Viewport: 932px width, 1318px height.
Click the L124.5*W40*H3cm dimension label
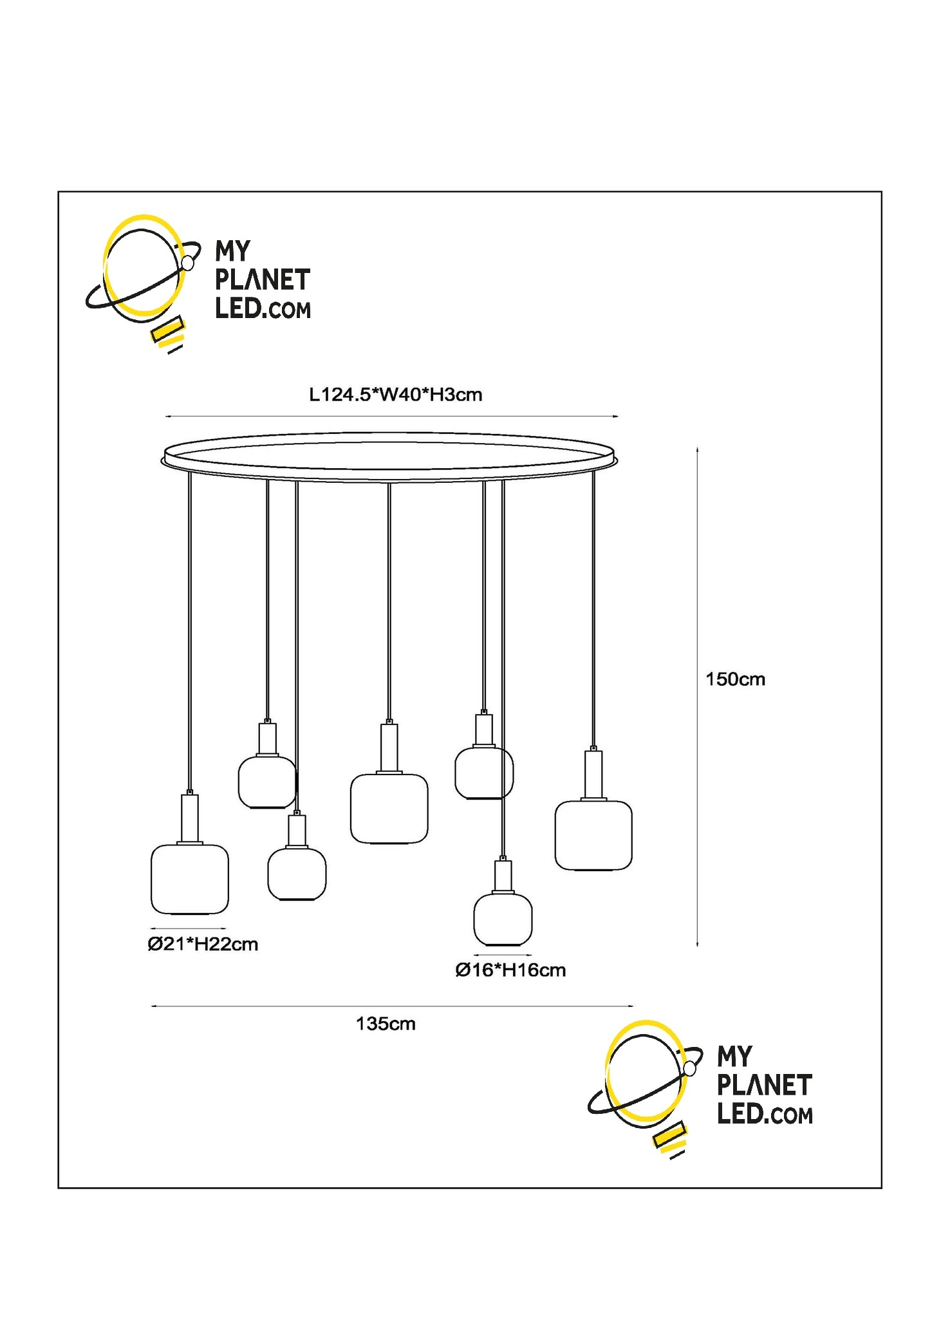pos(395,395)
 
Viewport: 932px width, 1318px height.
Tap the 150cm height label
pos(735,679)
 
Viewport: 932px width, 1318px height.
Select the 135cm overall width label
pos(386,1024)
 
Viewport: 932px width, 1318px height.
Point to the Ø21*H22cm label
pos(203,945)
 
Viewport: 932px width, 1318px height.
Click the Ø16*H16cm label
pos(510,970)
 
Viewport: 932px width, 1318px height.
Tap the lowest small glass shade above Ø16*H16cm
pos(503,918)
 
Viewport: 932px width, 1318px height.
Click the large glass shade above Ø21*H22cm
pos(190,879)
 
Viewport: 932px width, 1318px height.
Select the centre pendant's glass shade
pos(389,809)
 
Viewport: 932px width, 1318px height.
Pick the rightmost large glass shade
pos(593,835)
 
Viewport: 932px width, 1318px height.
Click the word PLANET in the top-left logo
pos(262,280)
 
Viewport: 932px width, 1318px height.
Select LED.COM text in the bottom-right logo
pos(765,1114)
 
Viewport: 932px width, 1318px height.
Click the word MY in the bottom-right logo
pos(734,1057)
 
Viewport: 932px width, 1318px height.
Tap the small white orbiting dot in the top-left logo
pos(187,263)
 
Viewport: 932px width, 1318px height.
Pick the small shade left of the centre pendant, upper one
pos(267,782)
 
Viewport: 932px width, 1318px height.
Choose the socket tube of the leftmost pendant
pos(190,818)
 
